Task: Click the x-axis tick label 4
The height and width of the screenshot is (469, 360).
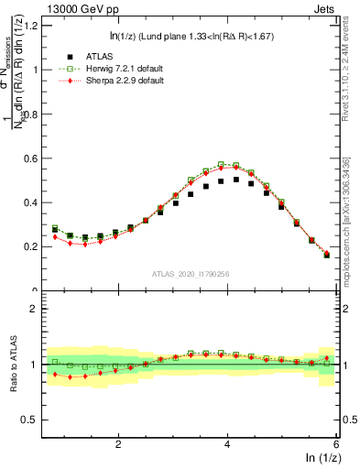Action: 227,442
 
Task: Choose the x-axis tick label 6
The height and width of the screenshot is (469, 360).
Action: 336,442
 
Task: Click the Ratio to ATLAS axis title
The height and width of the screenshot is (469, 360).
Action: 14,364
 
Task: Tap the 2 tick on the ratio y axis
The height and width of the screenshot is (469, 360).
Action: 37,309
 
